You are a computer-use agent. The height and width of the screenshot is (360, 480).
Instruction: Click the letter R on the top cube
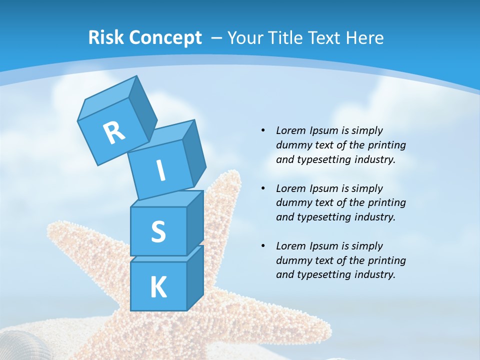tap(114, 132)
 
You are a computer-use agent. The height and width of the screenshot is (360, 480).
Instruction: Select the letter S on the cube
tap(158, 232)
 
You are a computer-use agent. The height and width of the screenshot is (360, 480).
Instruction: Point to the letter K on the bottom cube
tap(158, 287)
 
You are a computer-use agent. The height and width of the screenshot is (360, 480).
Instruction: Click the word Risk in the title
tap(106, 37)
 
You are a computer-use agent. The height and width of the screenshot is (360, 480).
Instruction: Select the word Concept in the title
tap(165, 37)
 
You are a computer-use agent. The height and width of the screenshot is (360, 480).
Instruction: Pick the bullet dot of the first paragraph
tap(263, 130)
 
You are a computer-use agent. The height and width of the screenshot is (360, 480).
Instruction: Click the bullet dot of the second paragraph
tap(263, 188)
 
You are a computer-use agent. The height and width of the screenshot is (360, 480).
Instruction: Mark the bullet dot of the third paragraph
tap(263, 246)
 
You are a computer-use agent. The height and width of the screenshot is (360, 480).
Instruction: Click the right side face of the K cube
tap(195, 277)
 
